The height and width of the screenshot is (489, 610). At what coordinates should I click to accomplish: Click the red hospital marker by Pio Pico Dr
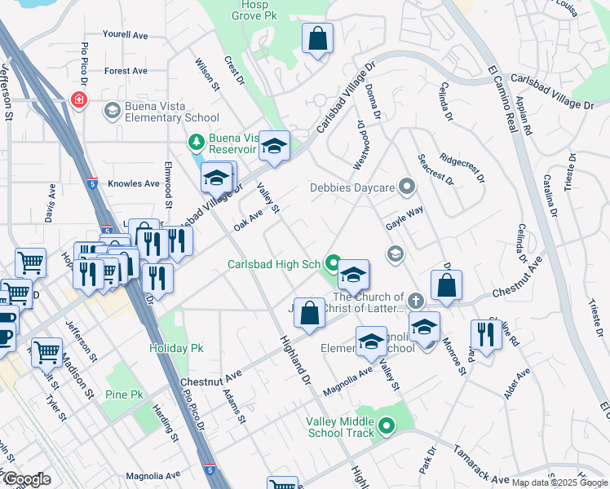(79, 100)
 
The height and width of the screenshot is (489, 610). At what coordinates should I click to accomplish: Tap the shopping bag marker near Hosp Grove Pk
(318, 38)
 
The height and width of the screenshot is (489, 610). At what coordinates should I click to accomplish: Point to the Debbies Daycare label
(352, 187)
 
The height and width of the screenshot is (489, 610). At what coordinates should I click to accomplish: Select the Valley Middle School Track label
(339, 427)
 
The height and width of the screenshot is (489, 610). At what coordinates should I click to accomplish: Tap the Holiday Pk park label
(175, 347)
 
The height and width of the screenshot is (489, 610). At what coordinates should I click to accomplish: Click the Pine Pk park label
(124, 394)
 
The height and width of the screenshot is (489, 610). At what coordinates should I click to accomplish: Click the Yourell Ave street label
(125, 35)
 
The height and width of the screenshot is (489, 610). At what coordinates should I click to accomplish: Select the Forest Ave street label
(126, 71)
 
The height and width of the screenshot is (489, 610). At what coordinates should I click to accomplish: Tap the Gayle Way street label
(404, 210)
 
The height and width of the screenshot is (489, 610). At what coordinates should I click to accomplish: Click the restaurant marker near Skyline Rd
(486, 335)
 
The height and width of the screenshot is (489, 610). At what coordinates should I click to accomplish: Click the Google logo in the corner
(27, 479)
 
